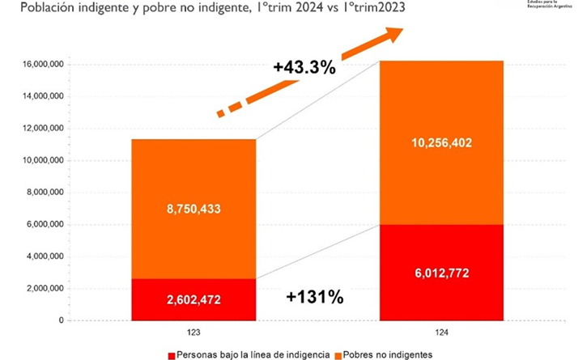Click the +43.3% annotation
coord(304,68)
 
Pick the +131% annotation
coord(315,297)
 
